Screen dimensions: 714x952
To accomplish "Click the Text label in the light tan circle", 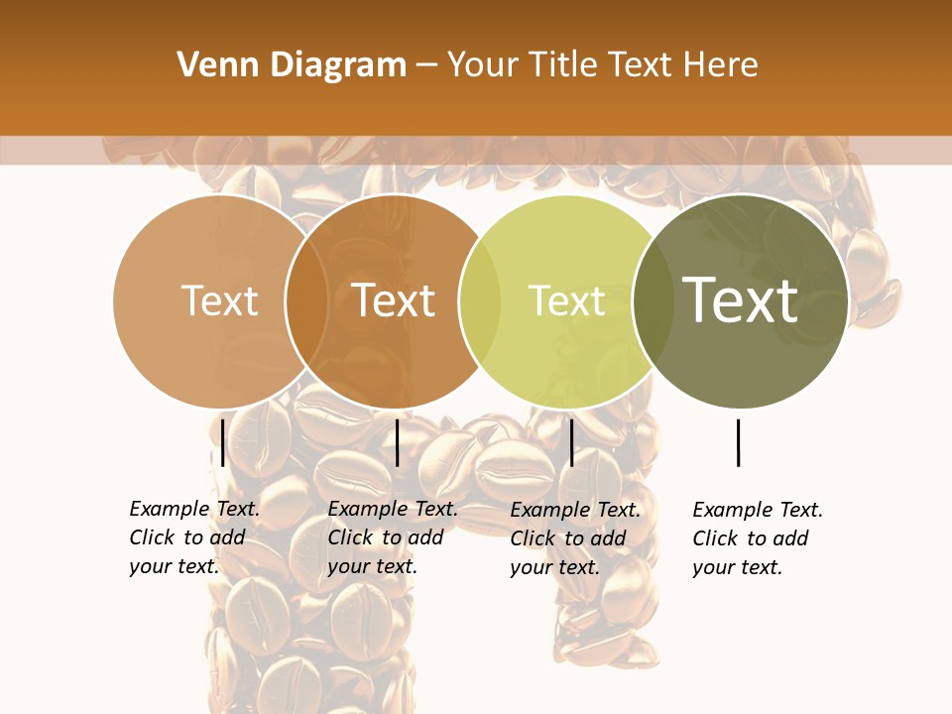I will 219,300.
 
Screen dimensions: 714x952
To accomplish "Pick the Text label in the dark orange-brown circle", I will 394,300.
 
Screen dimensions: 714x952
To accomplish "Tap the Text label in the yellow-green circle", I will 566,300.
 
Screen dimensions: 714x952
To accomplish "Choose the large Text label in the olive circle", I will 741,299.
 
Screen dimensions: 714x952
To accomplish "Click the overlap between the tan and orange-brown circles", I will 306,300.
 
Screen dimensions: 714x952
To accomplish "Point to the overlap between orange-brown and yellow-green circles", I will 480,300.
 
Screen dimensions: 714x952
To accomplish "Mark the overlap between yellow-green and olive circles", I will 654,300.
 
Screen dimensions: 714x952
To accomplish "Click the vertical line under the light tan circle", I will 223,442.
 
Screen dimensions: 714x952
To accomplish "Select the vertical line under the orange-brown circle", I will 397,442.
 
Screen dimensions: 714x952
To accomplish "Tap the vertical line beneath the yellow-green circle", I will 571,442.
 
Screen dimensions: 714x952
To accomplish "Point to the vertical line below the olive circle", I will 739,442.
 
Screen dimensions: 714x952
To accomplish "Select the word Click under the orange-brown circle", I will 351,537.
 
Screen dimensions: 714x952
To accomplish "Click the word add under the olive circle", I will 790,538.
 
